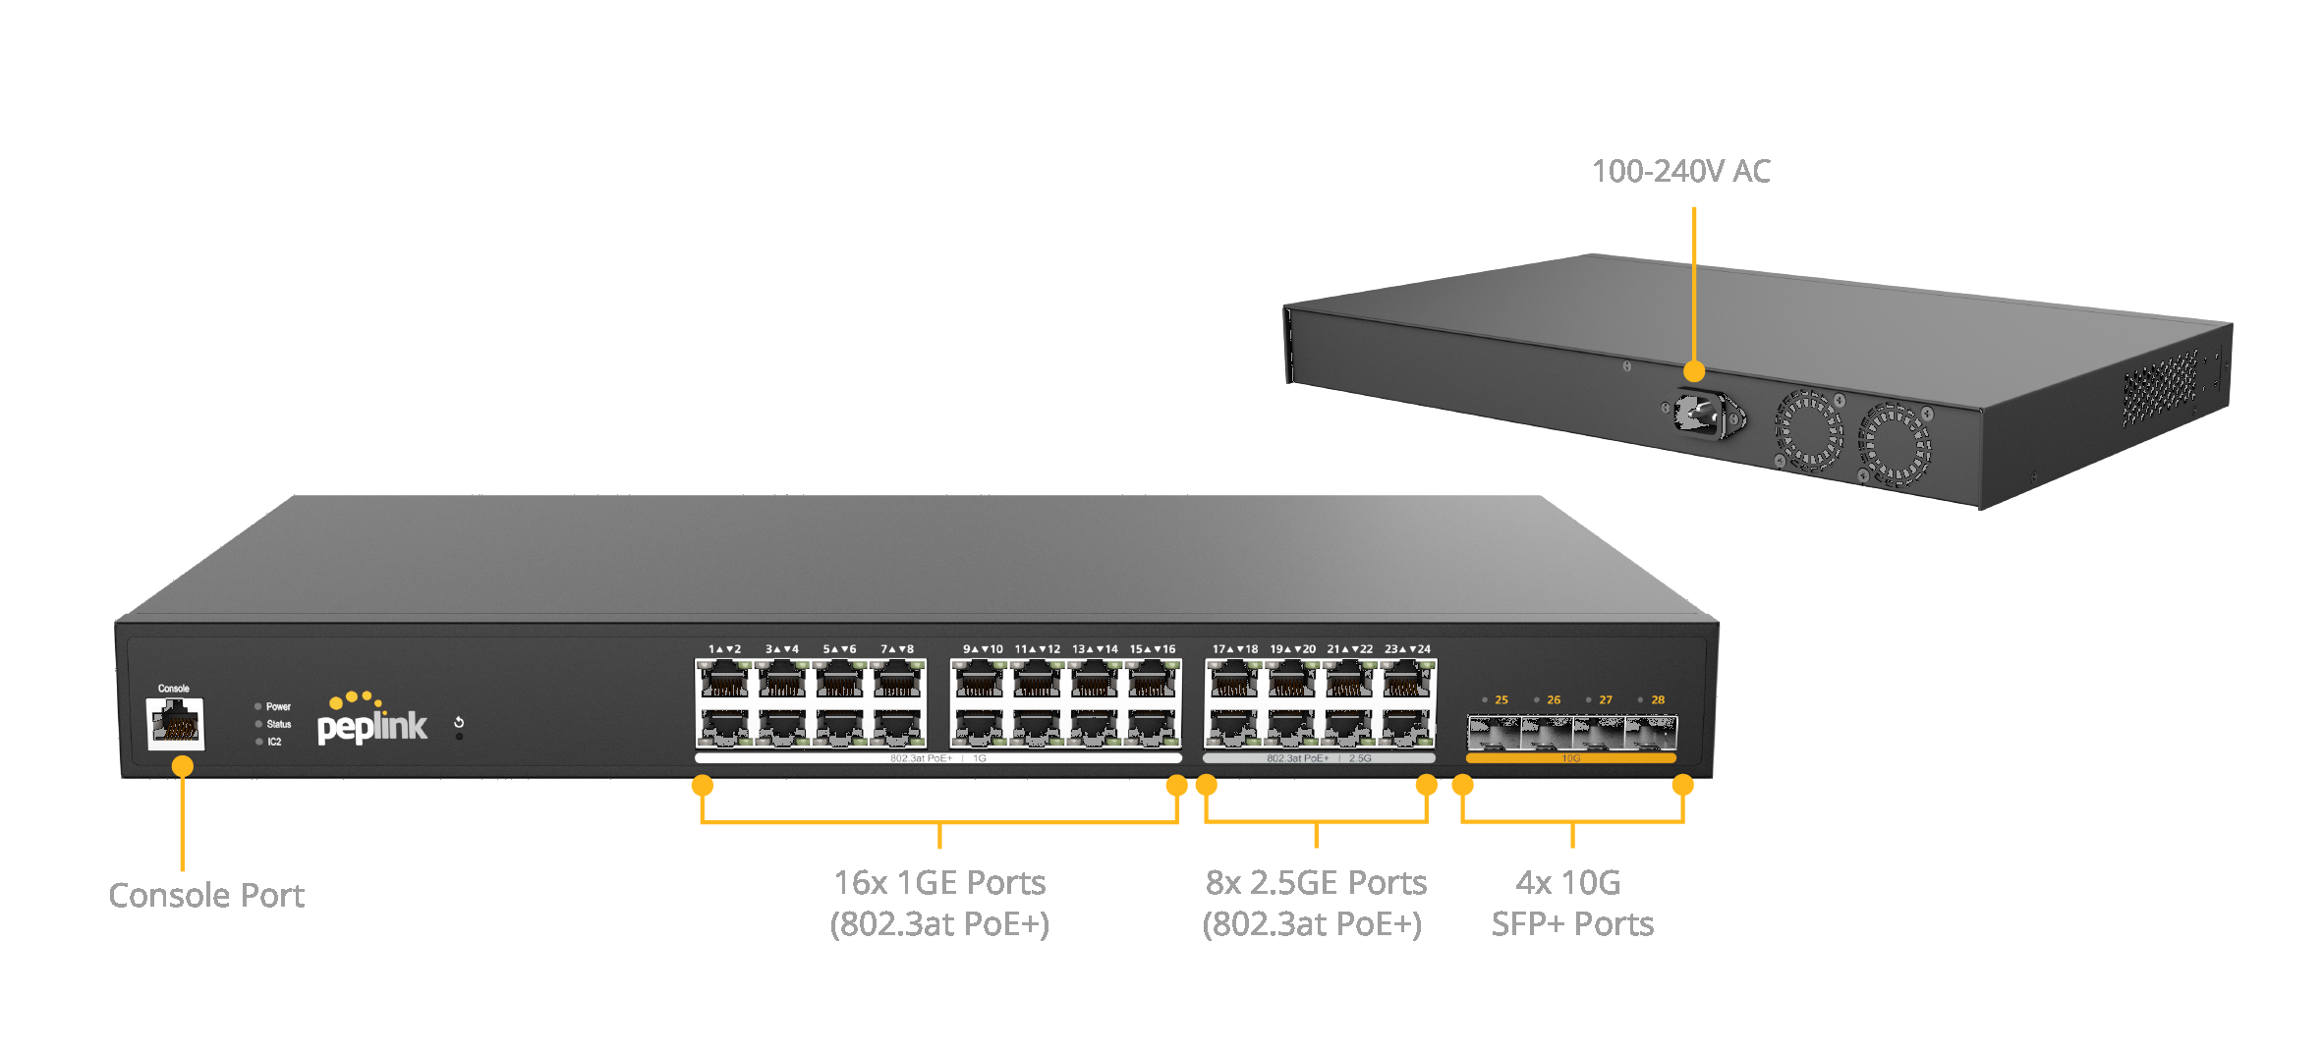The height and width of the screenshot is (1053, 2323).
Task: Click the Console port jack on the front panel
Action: tap(176, 724)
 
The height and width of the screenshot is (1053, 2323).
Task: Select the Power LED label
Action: tap(278, 706)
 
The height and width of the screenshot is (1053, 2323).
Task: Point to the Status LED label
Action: tap(278, 724)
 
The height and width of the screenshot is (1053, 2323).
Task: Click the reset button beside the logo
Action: tap(459, 723)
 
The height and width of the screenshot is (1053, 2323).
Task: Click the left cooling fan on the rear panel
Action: tap(1808, 430)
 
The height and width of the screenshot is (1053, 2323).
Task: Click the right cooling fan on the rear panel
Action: tap(1894, 445)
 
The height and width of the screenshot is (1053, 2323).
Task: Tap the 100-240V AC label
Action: tap(1680, 171)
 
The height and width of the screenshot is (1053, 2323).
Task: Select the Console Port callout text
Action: tap(206, 896)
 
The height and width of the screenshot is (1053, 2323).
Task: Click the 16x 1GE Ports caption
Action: tap(939, 882)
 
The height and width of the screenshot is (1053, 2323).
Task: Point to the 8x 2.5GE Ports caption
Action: tap(1316, 882)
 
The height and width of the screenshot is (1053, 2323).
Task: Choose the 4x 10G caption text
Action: tap(1568, 882)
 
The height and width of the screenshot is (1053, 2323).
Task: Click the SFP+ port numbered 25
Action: tap(1494, 734)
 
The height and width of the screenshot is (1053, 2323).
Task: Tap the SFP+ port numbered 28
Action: tap(1651, 734)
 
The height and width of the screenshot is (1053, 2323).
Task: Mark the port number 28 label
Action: tap(1658, 700)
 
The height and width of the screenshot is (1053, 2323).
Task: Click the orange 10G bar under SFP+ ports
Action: tap(1570, 758)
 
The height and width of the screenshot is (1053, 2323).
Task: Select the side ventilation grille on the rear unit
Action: tap(2160, 389)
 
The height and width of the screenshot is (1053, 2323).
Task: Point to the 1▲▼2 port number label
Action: tap(724, 649)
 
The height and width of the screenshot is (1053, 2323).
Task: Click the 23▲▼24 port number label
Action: tap(1407, 649)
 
